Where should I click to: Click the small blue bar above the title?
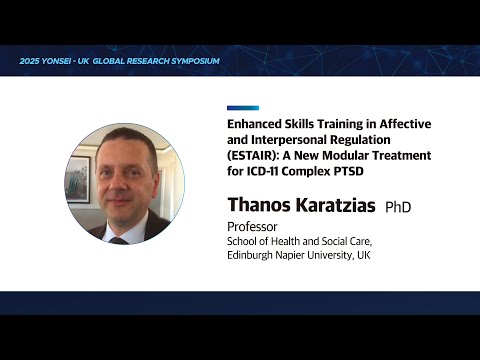point(242,108)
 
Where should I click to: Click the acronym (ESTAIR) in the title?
point(253,156)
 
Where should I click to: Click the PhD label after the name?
point(399,207)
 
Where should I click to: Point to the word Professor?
point(253,226)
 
